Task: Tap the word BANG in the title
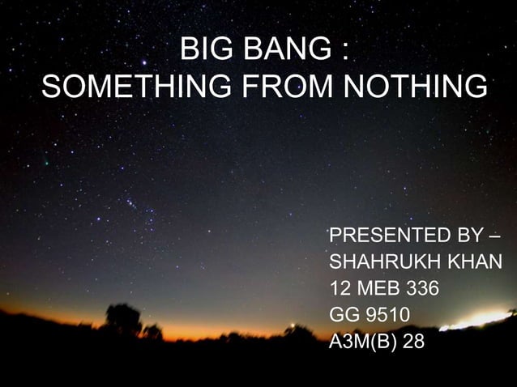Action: tap(284, 50)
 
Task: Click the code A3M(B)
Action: tap(363, 341)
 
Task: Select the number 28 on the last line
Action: tap(413, 341)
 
